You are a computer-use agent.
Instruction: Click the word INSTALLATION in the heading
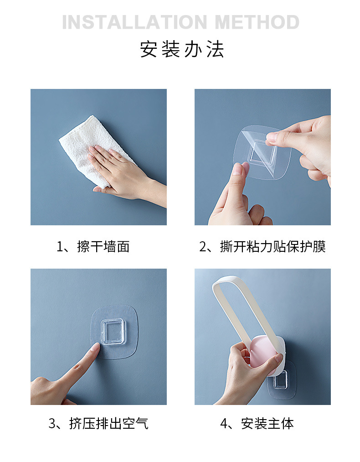coord(134,22)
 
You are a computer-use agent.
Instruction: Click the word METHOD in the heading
coord(257,22)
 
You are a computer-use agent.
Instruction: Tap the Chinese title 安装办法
coord(182,49)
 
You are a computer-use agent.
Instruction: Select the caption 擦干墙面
coord(103,246)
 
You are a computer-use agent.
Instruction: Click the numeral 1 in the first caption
coord(60,247)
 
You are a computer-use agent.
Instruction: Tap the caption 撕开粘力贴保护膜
coord(273,246)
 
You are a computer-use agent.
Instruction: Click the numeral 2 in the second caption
coord(203,247)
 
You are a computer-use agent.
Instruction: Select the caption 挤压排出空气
coord(108,423)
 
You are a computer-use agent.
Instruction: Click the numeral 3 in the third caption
coord(52,424)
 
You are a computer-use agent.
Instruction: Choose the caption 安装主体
coord(267,423)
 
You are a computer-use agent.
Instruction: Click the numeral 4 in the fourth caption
coord(224,424)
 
